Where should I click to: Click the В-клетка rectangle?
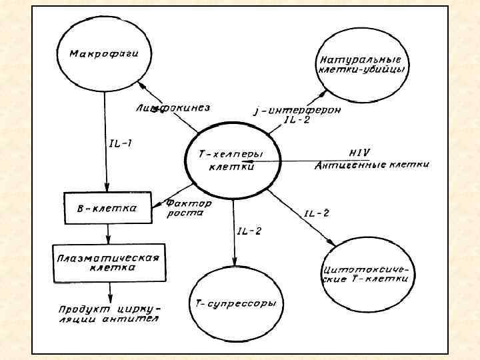[x=108, y=208]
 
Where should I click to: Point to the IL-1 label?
[x=120, y=142]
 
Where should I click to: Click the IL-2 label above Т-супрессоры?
[x=249, y=231]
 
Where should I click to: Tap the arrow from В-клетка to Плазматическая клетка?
[x=108, y=233]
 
